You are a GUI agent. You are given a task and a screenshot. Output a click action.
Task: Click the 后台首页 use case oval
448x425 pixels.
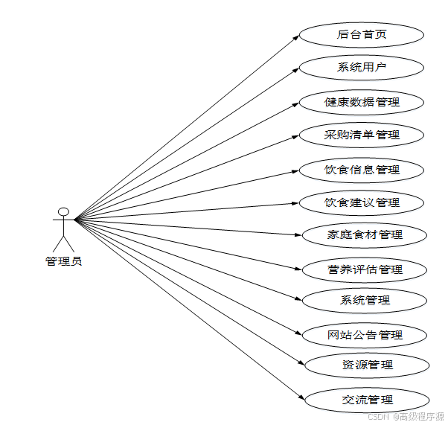coord(362,34)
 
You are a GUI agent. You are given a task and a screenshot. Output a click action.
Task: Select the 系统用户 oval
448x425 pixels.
coord(362,68)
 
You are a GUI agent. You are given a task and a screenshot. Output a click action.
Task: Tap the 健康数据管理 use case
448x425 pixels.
coord(362,102)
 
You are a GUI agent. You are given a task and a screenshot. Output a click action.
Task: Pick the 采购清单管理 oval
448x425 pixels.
coord(362,135)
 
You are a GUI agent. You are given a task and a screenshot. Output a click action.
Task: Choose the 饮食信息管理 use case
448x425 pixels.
coord(362,170)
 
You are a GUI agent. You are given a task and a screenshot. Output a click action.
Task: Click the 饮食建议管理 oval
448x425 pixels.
coord(362,202)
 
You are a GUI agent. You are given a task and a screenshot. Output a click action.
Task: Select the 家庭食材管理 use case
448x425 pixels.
coord(365,235)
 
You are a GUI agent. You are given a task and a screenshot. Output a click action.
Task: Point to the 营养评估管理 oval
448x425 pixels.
coord(365,269)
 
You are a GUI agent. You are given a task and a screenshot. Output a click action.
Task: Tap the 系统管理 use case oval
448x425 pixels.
coord(365,301)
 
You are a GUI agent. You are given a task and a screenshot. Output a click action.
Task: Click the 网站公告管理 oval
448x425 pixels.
coord(365,335)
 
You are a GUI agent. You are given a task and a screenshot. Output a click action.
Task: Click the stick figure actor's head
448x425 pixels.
coord(64,211)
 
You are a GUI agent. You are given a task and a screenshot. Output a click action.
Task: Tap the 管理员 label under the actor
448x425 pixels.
coord(64,261)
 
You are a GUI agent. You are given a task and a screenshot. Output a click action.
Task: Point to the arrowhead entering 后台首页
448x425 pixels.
coord(296,36)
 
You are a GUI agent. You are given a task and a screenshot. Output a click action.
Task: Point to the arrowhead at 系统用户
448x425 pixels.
coord(296,69)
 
